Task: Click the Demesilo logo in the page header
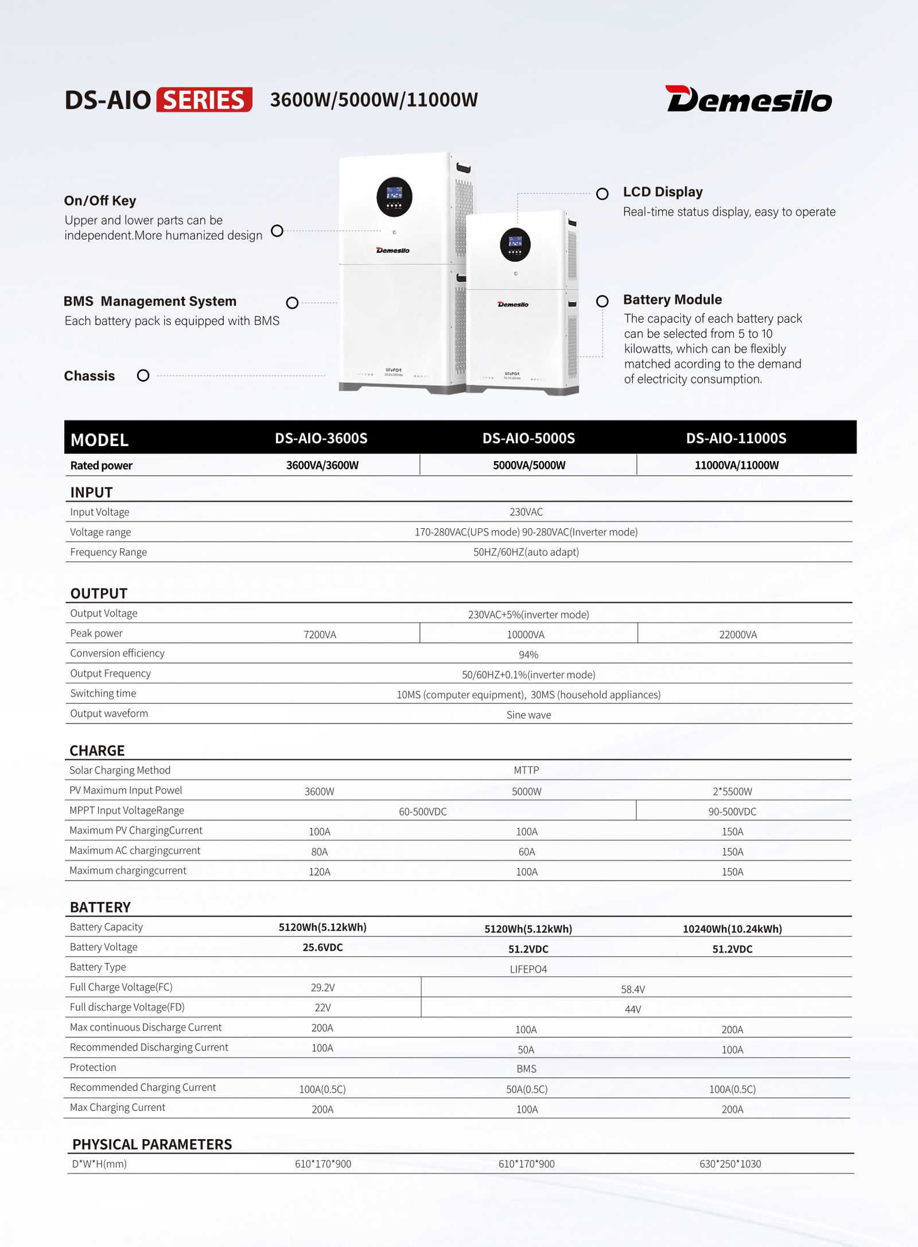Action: pos(748,99)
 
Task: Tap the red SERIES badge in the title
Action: pos(204,100)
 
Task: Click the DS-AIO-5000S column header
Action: pos(528,439)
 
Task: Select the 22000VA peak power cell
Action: pos(738,634)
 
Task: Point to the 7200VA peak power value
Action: pos(320,634)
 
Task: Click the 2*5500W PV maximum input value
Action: pos(732,791)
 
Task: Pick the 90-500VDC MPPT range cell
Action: pos(732,811)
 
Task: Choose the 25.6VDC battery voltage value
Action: pos(322,947)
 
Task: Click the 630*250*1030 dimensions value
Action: pos(730,1164)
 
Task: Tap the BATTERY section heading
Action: pos(100,907)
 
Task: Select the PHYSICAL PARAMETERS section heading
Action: pos(152,1144)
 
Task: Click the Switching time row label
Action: pos(103,694)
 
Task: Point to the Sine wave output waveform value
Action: pos(528,715)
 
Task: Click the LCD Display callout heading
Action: pos(663,192)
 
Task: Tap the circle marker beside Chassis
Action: pos(143,375)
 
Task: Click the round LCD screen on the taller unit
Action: pos(394,197)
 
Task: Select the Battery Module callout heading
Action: pos(672,300)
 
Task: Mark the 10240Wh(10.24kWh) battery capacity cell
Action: pos(732,929)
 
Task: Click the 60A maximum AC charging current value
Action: pos(527,851)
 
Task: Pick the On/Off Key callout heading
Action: pos(100,200)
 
